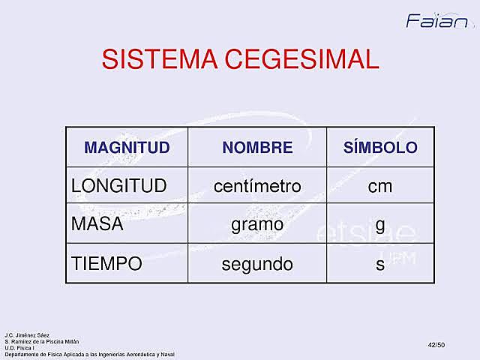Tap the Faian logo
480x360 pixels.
point(437,20)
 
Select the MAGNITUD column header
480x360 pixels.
point(127,148)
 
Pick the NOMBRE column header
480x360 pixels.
point(257,148)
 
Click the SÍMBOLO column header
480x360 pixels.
point(380,148)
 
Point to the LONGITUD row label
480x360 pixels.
point(118,186)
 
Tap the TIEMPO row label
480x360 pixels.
point(106,264)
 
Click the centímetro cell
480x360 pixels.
point(257,186)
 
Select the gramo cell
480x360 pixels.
point(257,224)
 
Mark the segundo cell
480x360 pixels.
point(257,264)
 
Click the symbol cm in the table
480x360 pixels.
point(380,186)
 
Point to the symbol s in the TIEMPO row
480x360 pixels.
point(380,265)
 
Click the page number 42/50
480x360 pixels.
point(436,343)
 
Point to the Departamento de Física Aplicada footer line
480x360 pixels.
point(89,352)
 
